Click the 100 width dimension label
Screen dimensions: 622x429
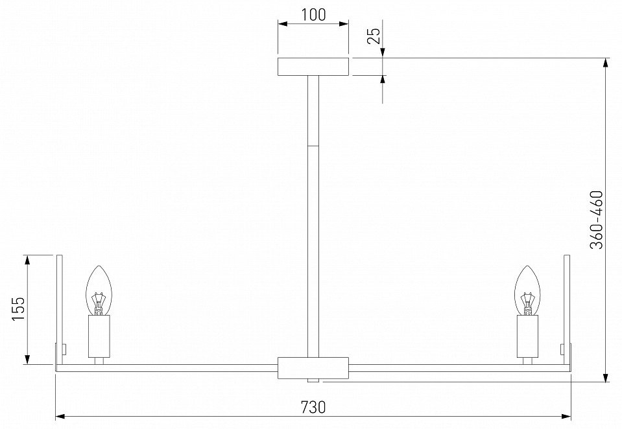point(313,15)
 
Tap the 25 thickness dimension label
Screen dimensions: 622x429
point(374,36)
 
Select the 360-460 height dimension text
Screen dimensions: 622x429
point(597,220)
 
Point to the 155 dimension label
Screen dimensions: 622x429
point(18,309)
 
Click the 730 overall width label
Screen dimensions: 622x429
point(313,407)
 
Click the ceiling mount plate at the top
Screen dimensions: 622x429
point(313,67)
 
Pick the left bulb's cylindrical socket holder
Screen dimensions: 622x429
point(99,336)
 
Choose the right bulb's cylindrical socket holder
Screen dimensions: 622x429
point(527,336)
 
